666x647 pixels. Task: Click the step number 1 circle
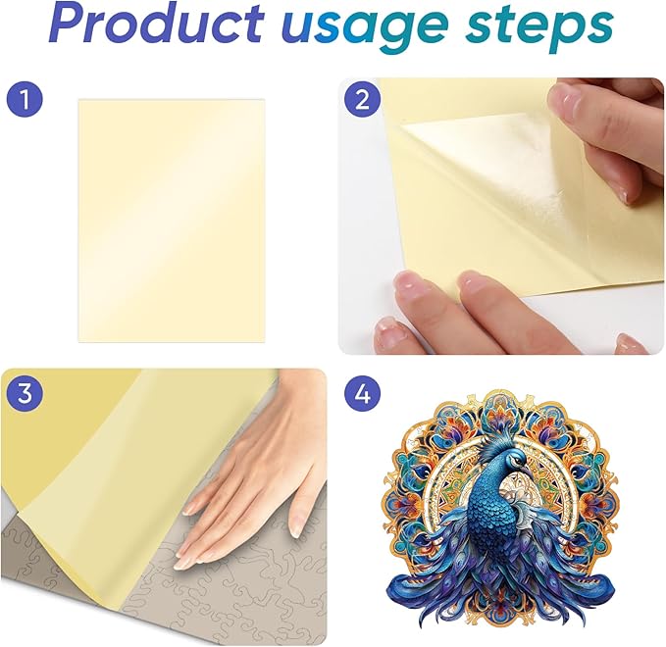click(x=25, y=100)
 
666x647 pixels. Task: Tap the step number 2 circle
click(x=362, y=100)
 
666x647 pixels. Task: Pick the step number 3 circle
click(x=25, y=393)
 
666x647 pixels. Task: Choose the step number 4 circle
click(x=362, y=393)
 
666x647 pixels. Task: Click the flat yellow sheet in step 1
click(x=172, y=221)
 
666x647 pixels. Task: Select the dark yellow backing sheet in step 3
click(x=64, y=424)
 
